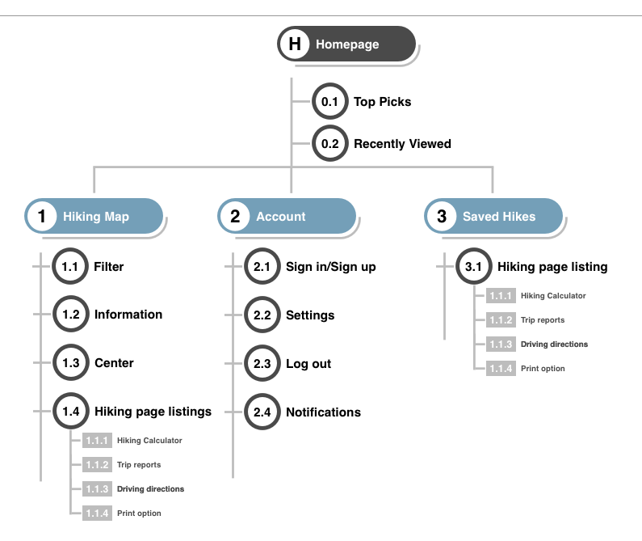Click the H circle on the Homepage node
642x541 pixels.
(x=295, y=44)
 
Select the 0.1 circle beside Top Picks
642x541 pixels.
(x=330, y=101)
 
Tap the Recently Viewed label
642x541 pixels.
(x=402, y=144)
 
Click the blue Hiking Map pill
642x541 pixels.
(x=94, y=216)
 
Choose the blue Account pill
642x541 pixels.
(x=287, y=216)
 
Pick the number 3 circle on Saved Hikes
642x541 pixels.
(x=442, y=216)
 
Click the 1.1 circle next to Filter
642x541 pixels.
(x=70, y=266)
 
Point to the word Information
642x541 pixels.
(x=128, y=315)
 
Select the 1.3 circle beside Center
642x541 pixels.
(x=71, y=362)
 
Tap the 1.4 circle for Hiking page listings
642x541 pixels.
(x=71, y=411)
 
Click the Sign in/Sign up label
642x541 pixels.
(x=330, y=267)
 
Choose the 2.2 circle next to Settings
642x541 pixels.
(x=262, y=315)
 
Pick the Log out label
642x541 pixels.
(x=308, y=364)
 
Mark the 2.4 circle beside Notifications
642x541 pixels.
(x=262, y=412)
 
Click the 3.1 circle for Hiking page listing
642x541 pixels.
(x=474, y=266)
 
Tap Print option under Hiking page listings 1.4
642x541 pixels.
(x=139, y=514)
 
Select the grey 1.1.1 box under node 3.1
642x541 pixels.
(x=501, y=296)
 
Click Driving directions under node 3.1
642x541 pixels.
(x=554, y=344)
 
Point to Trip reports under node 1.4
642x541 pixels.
(x=139, y=465)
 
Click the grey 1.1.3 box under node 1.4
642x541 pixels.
(x=97, y=489)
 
